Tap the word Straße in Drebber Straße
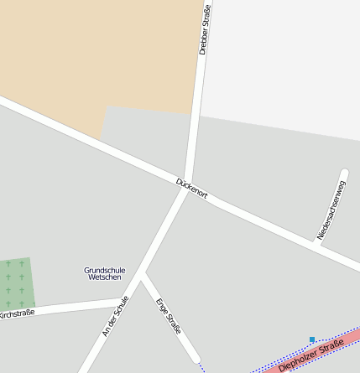[x=206, y=15]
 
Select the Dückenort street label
[x=191, y=188]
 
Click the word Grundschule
[x=104, y=270]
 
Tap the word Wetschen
[x=104, y=277]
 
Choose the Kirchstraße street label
[x=17, y=313]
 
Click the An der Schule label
[x=116, y=316]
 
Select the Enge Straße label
[x=168, y=315]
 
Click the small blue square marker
[x=312, y=339]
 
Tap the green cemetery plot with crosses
[x=17, y=282]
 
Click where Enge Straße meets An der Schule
[x=144, y=273]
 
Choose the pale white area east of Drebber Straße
[x=285, y=59]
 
